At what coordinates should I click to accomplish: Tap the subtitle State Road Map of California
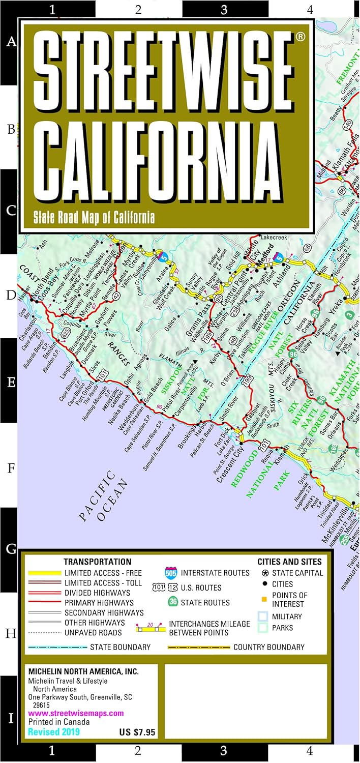[94, 218]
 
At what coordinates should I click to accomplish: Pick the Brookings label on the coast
[187, 434]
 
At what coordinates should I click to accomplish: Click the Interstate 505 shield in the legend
[171, 572]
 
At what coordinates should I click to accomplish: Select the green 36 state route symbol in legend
[173, 602]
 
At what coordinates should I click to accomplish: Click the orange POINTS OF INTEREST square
[263, 595]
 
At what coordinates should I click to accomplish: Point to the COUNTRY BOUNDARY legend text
[268, 647]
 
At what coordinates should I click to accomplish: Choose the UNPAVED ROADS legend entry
[93, 632]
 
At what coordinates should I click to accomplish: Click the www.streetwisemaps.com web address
[76, 713]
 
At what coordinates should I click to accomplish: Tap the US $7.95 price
[137, 733]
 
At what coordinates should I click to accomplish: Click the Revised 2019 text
[54, 732]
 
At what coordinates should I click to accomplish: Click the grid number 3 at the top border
[224, 9]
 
